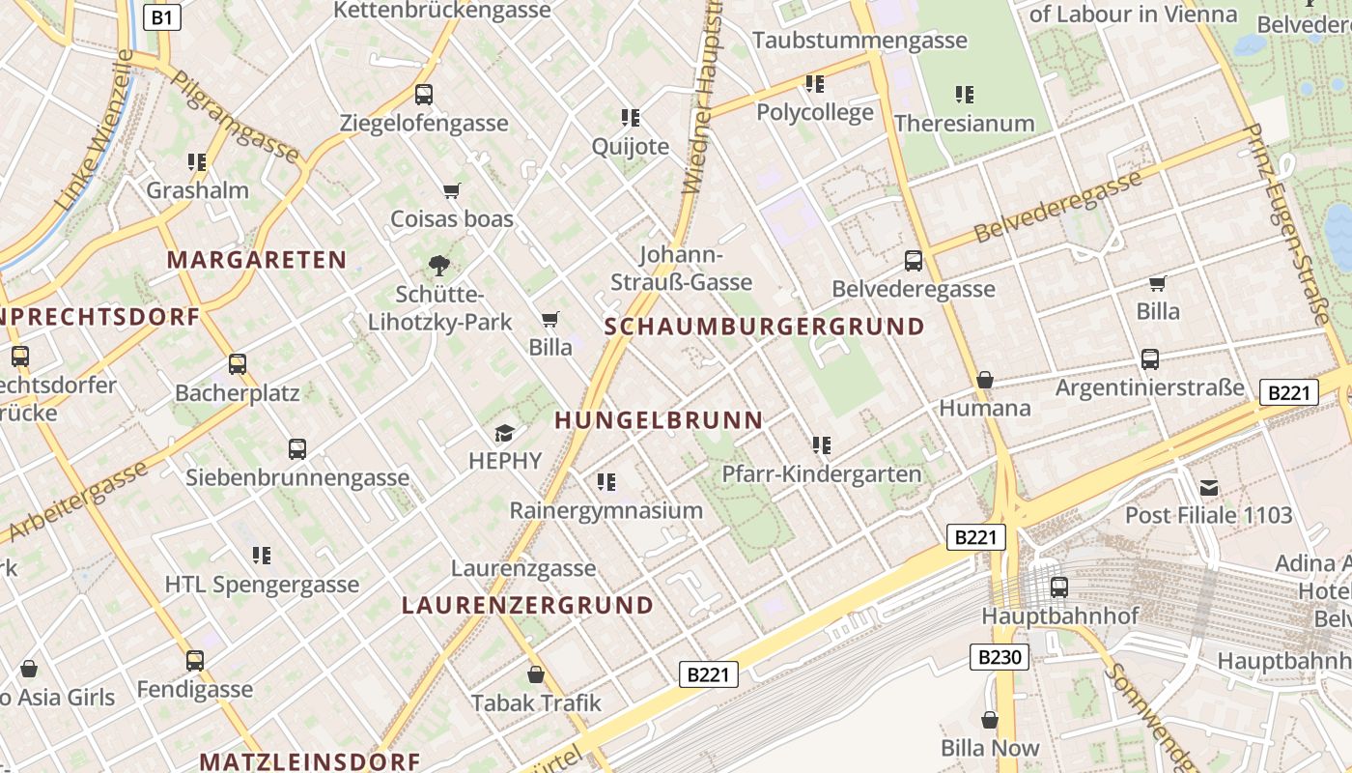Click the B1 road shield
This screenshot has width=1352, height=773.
pyautogui.click(x=162, y=16)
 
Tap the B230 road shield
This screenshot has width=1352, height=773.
pyautogui.click(x=999, y=658)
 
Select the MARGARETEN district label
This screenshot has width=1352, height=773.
pyautogui.click(x=257, y=260)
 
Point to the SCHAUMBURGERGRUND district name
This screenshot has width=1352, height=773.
pyautogui.click(x=765, y=327)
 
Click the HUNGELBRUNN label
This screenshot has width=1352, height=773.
pyautogui.click(x=660, y=420)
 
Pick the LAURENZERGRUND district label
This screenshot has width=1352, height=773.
pyautogui.click(x=527, y=606)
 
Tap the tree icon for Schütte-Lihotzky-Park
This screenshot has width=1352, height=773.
pyautogui.click(x=439, y=265)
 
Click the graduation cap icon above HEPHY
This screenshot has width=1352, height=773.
pyautogui.click(x=504, y=433)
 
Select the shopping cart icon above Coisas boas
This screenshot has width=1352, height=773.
pyautogui.click(x=451, y=190)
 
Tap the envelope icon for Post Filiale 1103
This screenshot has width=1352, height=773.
pyautogui.click(x=1208, y=487)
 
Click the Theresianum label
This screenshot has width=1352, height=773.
pyautogui.click(x=964, y=124)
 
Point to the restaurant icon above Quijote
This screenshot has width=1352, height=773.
pyautogui.click(x=631, y=118)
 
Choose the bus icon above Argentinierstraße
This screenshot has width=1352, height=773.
pyautogui.click(x=1149, y=359)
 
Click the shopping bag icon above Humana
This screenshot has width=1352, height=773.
pyautogui.click(x=984, y=380)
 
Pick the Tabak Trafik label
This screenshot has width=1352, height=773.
pyautogui.click(x=536, y=703)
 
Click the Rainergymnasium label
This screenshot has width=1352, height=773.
pyautogui.click(x=606, y=510)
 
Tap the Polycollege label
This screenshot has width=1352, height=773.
pyautogui.click(x=814, y=112)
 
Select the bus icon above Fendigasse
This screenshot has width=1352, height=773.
pyautogui.click(x=195, y=661)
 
